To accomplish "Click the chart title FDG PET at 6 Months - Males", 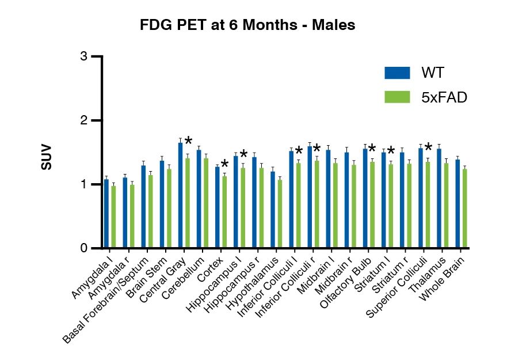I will (248, 25).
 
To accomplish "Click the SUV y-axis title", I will (46, 156).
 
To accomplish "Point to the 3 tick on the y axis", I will (84, 56).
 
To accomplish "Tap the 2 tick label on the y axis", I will (84, 120).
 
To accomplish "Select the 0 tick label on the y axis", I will (84, 248).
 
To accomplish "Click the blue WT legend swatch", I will (397, 73).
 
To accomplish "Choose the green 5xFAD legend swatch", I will (397, 97).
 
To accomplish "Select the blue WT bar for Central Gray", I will (180, 196).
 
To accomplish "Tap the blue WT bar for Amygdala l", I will (106, 214).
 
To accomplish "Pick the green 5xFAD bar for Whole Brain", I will (464, 209).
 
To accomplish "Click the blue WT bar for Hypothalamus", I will (273, 210).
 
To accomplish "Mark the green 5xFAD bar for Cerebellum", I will (205, 203).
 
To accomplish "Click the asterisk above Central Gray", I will (188, 142).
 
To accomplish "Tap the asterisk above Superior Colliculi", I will (428, 147).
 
